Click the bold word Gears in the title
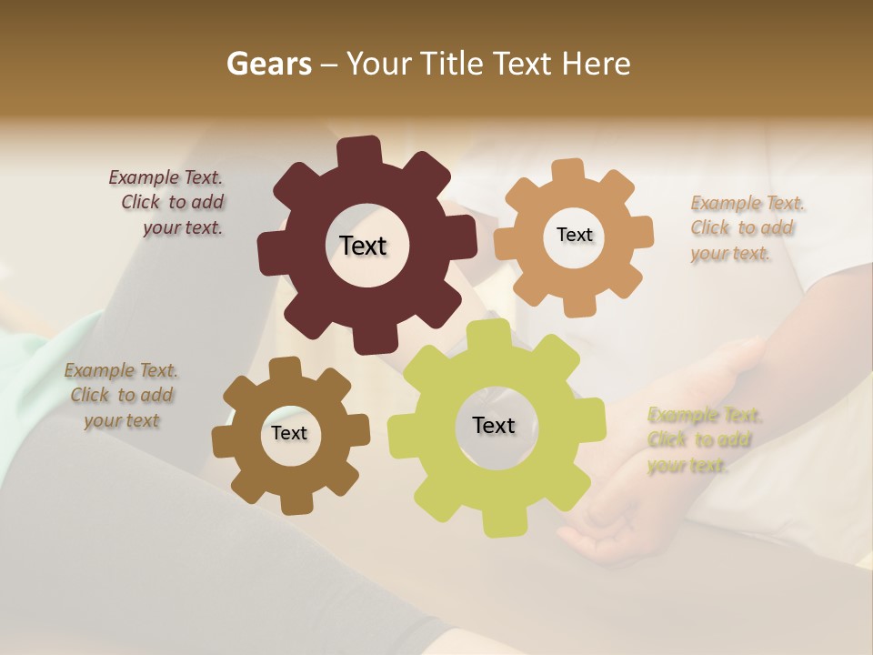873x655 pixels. [268, 64]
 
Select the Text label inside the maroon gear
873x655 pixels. [363, 246]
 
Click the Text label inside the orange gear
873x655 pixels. [574, 235]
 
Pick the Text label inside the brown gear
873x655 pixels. [289, 433]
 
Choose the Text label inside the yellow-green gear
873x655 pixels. [494, 425]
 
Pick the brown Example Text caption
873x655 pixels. [121, 396]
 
